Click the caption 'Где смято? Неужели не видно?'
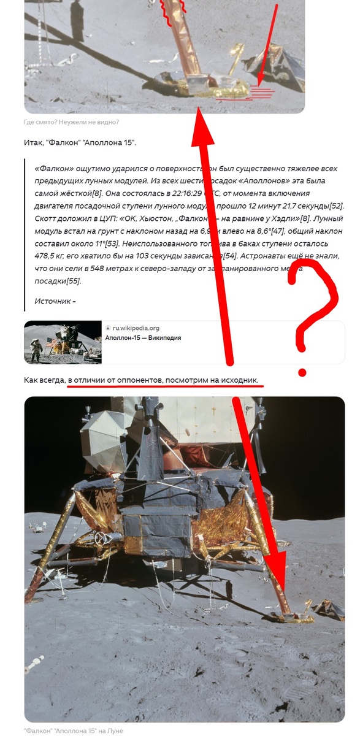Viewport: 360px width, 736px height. tap(71, 122)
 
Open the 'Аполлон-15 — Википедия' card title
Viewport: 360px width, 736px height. tap(143, 338)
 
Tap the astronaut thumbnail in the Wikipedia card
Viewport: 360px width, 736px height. tap(63, 342)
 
